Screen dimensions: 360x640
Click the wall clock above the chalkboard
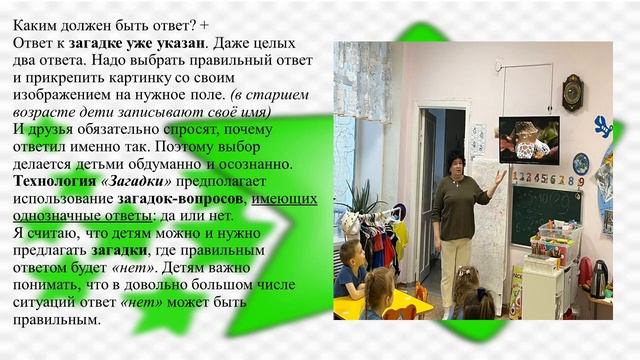572,91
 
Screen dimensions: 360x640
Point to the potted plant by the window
359,195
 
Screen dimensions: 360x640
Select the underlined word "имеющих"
284,198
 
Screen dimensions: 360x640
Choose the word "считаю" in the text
57,233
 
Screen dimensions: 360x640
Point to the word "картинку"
172,76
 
